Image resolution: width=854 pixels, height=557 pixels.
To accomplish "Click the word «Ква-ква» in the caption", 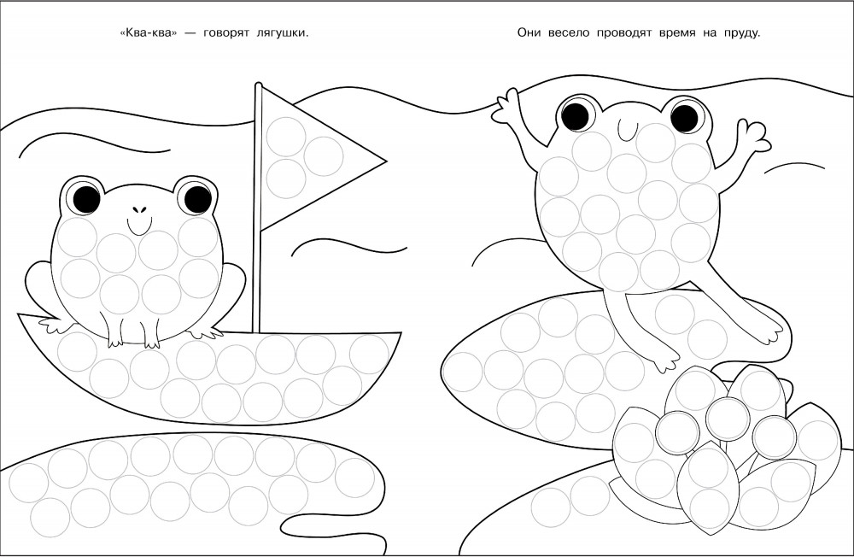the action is pos(148,32).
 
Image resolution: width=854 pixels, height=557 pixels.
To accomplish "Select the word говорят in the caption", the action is pos(226,33).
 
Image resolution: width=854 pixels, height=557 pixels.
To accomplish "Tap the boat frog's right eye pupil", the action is pos(198,198).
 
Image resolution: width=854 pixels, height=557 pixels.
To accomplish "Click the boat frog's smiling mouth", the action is pos(139,225).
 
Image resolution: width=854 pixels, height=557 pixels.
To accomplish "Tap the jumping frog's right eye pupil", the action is pos(684,117).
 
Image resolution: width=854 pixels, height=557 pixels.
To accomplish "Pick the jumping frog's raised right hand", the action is pos(754,133).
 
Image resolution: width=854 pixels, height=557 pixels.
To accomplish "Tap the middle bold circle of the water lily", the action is pos(726,416).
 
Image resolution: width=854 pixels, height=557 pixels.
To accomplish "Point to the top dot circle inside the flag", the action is pos(285,134).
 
